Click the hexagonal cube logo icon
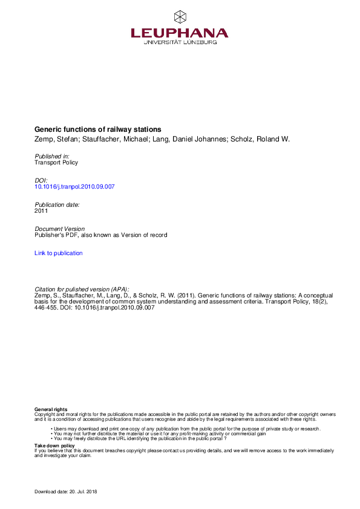point(180,16)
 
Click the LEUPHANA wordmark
point(180,33)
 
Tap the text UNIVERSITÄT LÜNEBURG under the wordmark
point(180,42)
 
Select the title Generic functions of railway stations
point(97,129)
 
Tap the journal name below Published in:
point(56,162)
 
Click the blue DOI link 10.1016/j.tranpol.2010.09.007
point(74,186)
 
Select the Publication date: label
point(57,205)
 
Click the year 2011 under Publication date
point(41,211)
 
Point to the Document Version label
point(59,229)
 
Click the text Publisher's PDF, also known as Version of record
point(100,235)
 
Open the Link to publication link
point(59,253)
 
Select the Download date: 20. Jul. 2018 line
point(66,492)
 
